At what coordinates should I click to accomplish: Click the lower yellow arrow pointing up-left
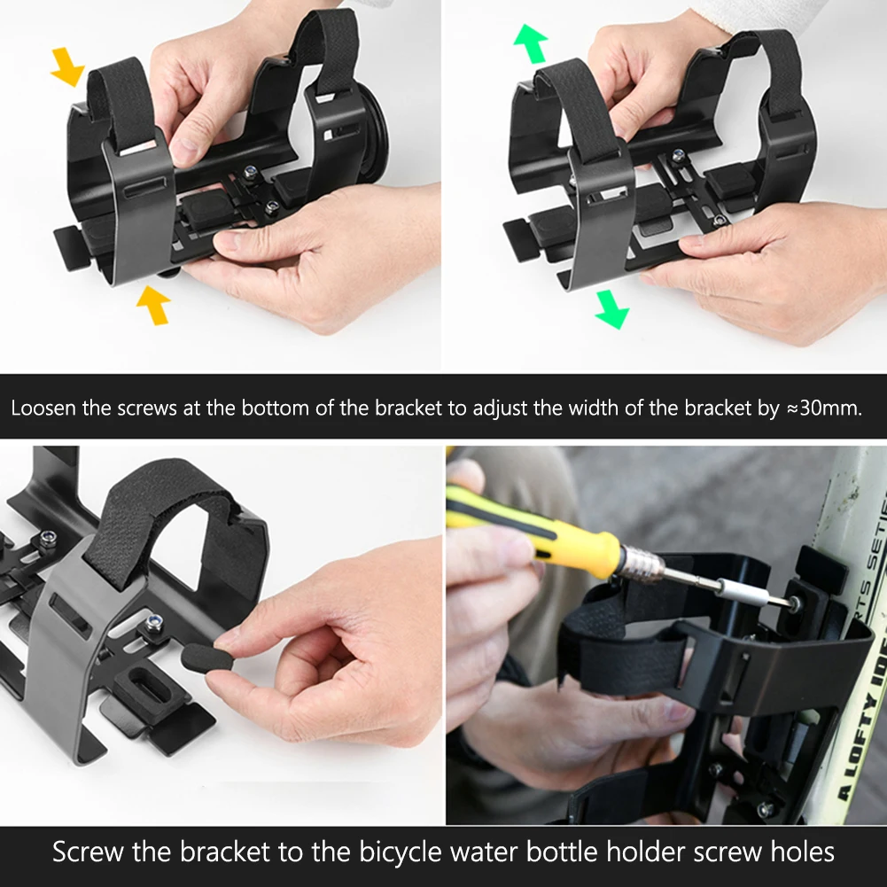click(153, 304)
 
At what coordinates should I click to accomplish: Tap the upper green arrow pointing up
click(531, 43)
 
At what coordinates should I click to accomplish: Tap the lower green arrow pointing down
click(612, 309)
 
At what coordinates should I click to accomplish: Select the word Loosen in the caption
click(43, 408)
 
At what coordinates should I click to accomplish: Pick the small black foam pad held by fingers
click(208, 657)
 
